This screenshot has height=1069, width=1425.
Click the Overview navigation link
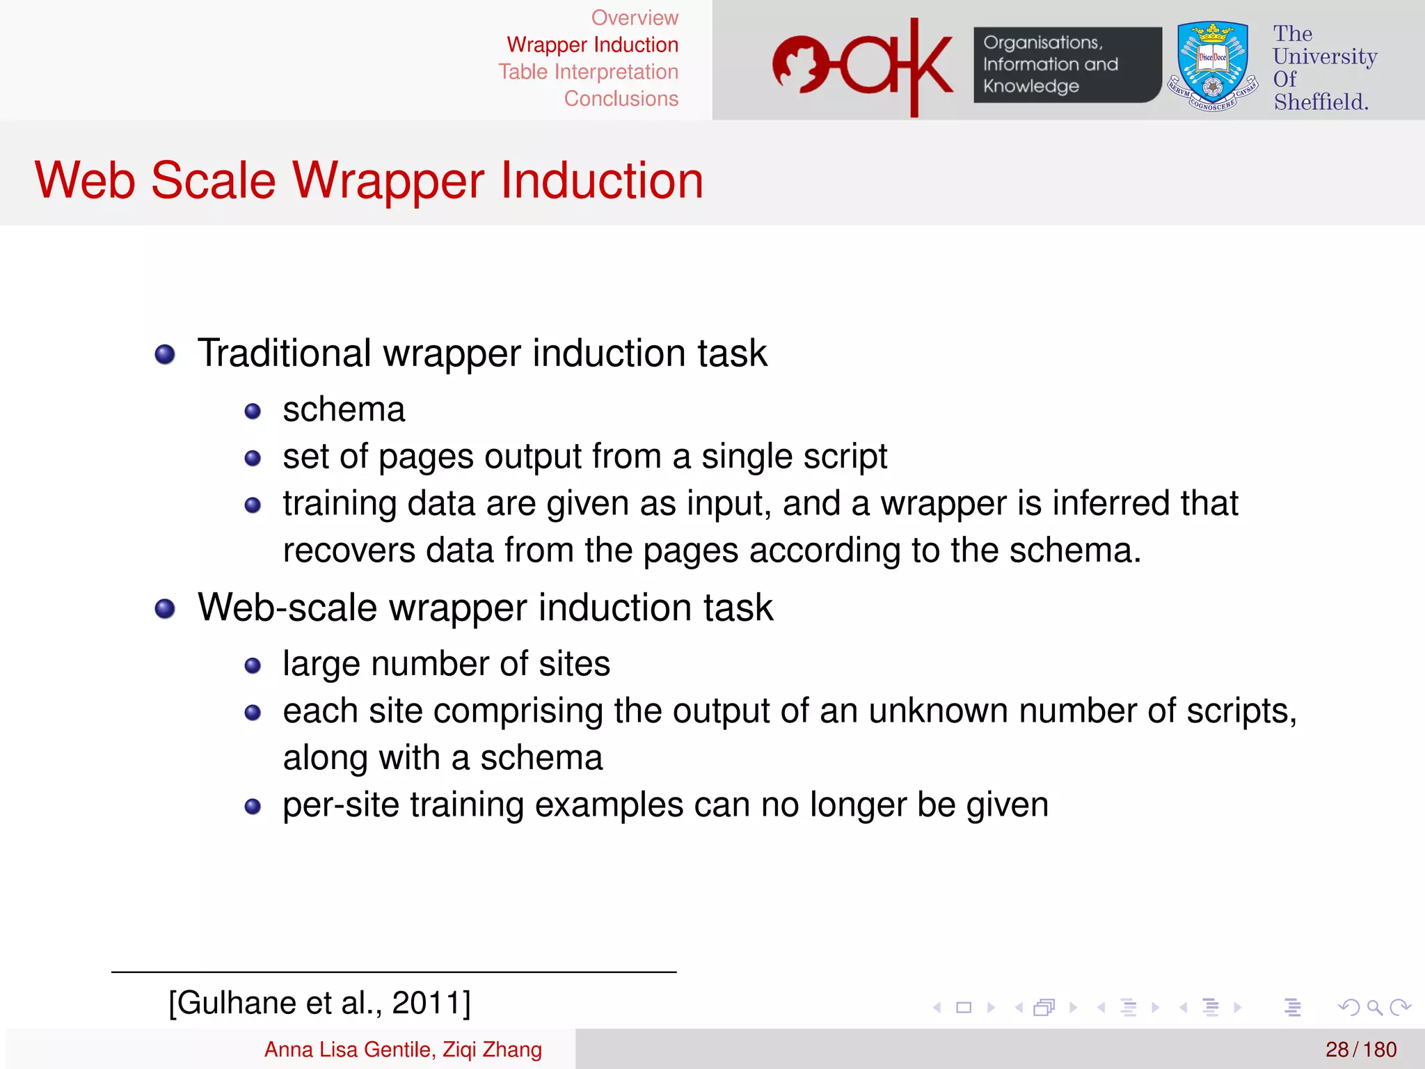634,18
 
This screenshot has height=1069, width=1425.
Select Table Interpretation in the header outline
588,72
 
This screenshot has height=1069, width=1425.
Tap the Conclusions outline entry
621,99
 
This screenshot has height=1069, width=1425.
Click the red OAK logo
863,66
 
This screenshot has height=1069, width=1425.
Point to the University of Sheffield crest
1213,66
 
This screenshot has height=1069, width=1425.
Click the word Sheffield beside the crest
1321,102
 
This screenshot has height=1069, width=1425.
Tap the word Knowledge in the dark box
1030,86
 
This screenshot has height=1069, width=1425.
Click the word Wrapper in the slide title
388,181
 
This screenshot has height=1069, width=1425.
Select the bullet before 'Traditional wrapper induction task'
165,354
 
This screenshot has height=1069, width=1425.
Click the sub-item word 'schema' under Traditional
344,409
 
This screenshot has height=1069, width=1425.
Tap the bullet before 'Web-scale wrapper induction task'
165,609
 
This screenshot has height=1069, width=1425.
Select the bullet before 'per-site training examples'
253,807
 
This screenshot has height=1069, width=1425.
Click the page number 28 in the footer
1337,1050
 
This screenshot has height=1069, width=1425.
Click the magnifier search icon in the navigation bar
1374,1007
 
